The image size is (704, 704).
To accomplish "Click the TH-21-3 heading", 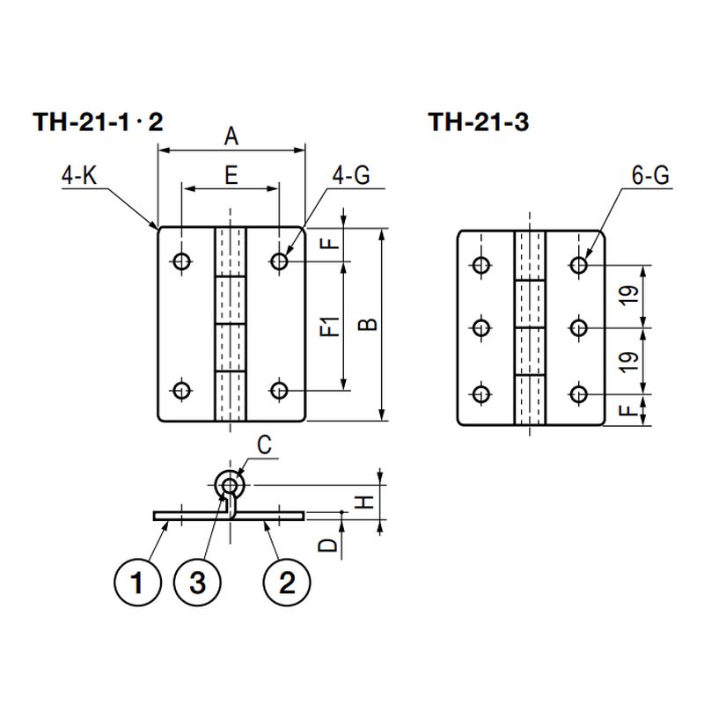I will pyautogui.click(x=478, y=123).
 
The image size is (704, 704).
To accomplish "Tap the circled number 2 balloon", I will pyautogui.click(x=285, y=582).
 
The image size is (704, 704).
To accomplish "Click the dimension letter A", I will pyautogui.click(x=231, y=136).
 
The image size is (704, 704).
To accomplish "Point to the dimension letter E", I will pyautogui.click(x=231, y=175).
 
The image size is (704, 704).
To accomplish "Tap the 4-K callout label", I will pyautogui.click(x=78, y=176).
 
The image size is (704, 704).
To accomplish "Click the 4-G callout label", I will pyautogui.click(x=352, y=176).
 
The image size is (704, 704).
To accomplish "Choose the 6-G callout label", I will pyautogui.click(x=649, y=176).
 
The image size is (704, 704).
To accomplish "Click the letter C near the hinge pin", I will pyautogui.click(x=267, y=445).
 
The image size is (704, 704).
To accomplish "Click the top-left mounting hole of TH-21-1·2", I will pyautogui.click(x=182, y=260).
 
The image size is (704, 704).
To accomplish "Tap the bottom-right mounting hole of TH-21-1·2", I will pyautogui.click(x=280, y=389).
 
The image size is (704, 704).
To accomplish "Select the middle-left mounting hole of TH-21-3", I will pyautogui.click(x=481, y=328).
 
